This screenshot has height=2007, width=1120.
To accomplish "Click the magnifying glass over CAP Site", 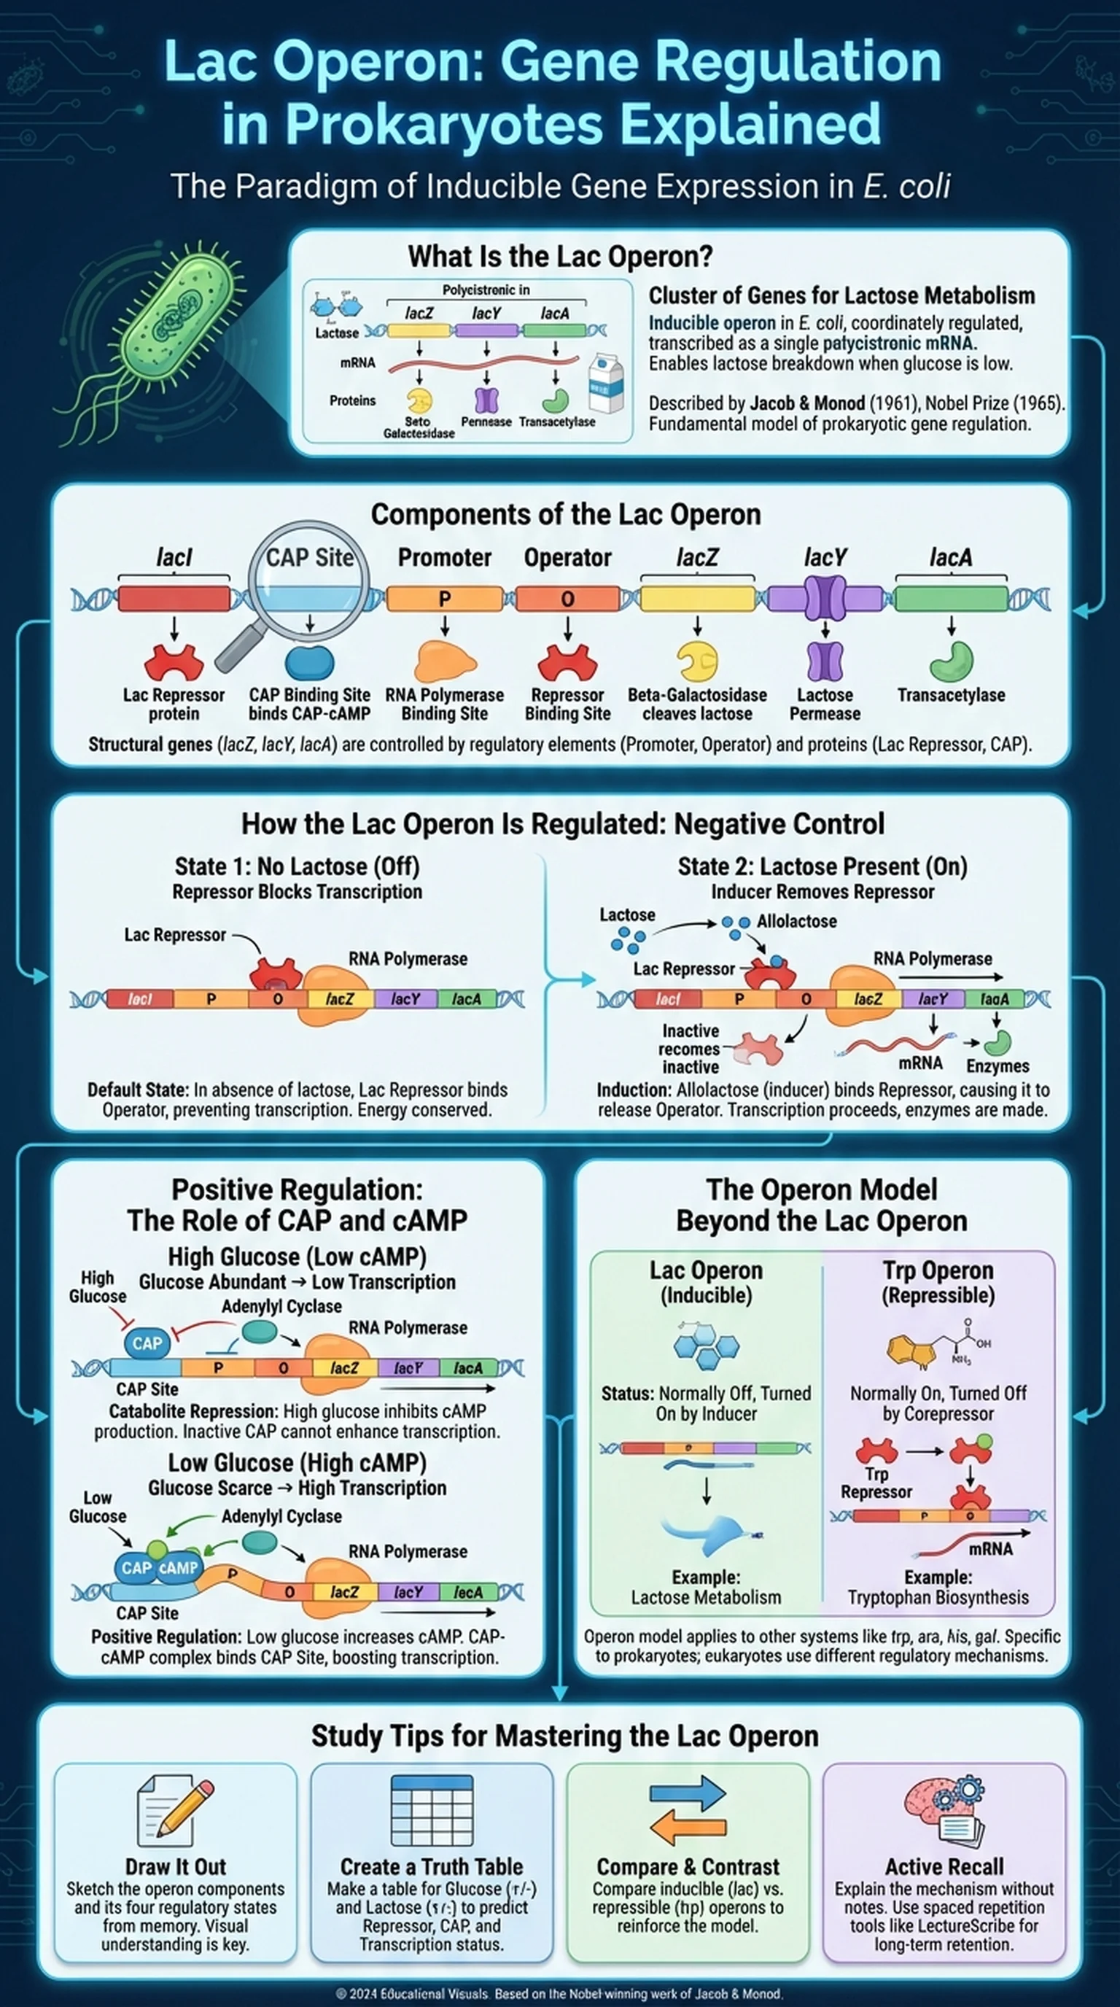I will (307, 580).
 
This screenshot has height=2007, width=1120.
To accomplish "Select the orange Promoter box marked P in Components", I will (444, 598).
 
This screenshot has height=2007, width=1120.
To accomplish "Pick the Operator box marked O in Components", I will (567, 598).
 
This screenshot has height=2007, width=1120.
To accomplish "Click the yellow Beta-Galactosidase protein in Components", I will (696, 661).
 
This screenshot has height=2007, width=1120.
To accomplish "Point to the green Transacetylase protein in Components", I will (951, 661).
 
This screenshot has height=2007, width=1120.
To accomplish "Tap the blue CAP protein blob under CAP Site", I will (309, 662).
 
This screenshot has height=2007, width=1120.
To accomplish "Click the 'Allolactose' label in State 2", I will (796, 921).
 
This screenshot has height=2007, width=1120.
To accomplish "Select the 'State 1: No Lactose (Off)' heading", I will (297, 866).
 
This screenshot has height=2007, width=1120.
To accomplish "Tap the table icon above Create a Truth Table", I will (432, 1811).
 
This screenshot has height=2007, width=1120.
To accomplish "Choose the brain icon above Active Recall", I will (944, 1811).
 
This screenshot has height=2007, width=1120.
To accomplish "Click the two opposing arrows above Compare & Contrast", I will (688, 1810).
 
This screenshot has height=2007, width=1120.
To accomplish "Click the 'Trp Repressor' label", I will (876, 1483).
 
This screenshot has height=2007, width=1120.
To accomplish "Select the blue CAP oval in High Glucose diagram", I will (147, 1343).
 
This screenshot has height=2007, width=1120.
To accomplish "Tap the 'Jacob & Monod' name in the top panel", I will (807, 403).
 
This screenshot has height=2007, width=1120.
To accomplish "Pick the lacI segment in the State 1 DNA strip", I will (139, 999).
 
